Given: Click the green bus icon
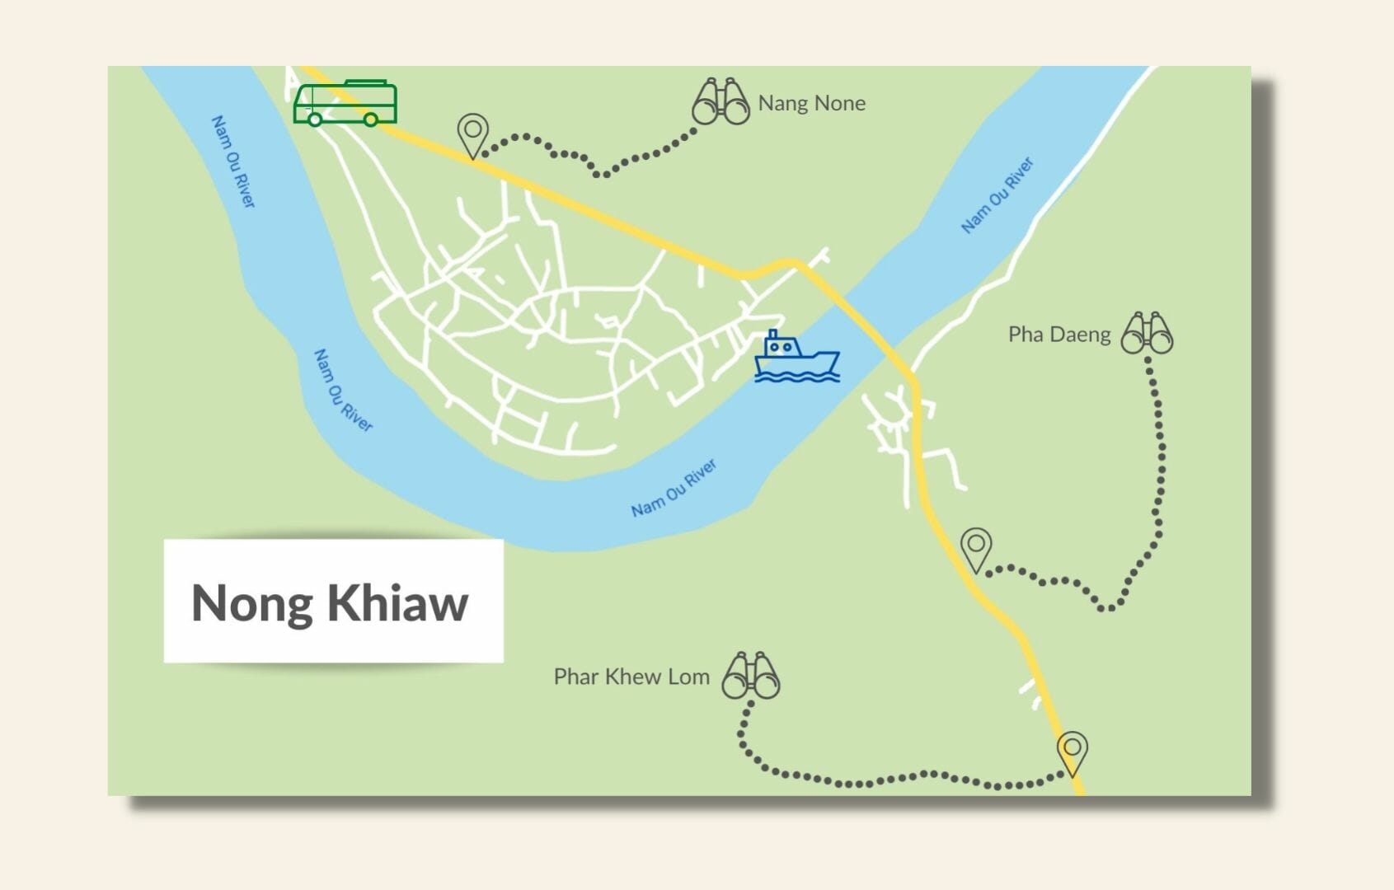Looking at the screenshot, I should pyautogui.click(x=345, y=104).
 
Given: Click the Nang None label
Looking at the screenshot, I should pyautogui.click(x=811, y=104).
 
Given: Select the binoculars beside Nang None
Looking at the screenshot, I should pyautogui.click(x=720, y=103).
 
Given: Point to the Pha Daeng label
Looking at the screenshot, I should pyautogui.click(x=1059, y=335).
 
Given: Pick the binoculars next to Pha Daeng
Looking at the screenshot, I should pyautogui.click(x=1147, y=334).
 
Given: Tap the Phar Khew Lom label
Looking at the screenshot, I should pyautogui.click(x=631, y=677).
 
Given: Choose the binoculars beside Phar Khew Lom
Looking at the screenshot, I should pyautogui.click(x=750, y=677).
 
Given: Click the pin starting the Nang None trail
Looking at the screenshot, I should pyautogui.click(x=472, y=133).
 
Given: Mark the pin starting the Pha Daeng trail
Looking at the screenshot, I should pyautogui.click(x=976, y=548).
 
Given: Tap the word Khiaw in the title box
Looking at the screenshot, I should pyautogui.click(x=398, y=602).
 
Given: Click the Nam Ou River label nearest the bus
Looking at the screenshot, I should pyautogui.click(x=233, y=162).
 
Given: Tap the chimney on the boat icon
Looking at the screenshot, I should pyautogui.click(x=773, y=335).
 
